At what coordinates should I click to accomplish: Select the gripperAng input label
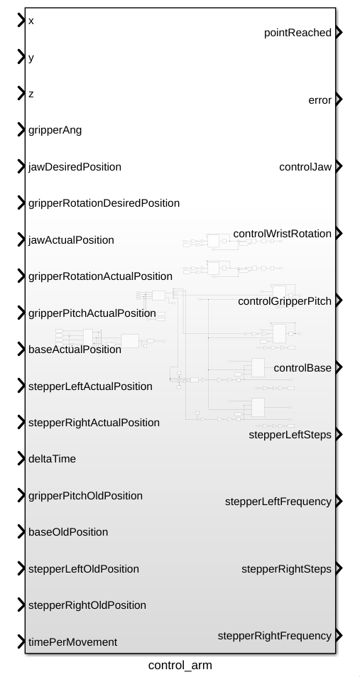point(55,130)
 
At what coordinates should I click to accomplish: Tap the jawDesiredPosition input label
point(75,167)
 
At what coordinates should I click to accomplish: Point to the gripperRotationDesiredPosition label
point(104,203)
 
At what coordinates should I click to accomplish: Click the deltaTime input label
point(53,458)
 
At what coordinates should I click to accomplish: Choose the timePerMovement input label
point(73,642)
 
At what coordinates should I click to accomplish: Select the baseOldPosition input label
point(68,532)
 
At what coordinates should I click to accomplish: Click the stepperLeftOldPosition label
point(84,568)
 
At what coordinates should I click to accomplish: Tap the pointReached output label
point(298,33)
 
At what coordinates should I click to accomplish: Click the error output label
point(320,100)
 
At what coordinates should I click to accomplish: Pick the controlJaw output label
point(305,167)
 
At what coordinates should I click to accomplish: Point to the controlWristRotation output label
point(283,234)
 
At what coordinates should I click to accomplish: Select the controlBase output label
point(302,368)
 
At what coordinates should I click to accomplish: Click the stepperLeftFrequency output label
point(278,502)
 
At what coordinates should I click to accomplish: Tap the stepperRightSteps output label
point(287,568)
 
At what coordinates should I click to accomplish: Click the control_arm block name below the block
point(180,666)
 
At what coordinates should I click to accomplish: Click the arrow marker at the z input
point(21,93)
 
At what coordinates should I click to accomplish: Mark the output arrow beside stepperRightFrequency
point(339,636)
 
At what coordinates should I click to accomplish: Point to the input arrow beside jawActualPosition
point(21,239)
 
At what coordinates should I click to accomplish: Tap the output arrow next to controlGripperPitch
point(339,300)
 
